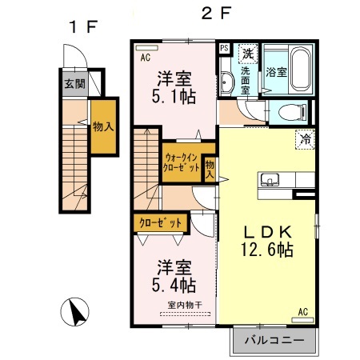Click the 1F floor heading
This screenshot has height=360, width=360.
point(82,26)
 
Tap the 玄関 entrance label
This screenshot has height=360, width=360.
point(74,82)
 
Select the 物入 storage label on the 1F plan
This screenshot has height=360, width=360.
point(102,126)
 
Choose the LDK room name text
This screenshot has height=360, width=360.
point(267,230)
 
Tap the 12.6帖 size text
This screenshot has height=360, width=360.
point(267,250)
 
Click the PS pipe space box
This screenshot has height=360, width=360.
point(224,48)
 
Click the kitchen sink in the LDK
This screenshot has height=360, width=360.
point(268,178)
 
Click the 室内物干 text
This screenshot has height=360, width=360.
point(184,305)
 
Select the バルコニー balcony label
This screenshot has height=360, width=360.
point(274,341)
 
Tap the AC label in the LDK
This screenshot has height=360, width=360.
point(303,311)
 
